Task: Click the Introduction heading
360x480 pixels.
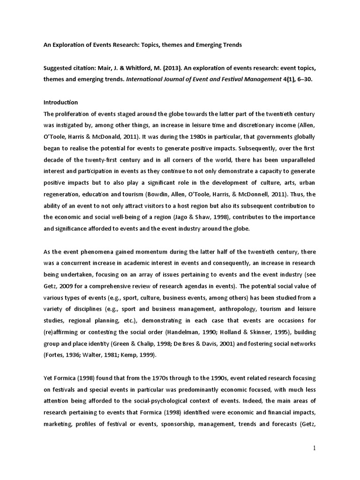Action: tap(60, 102)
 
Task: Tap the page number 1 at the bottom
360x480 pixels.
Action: tap(315, 448)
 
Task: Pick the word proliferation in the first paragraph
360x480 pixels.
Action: tap(74, 114)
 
